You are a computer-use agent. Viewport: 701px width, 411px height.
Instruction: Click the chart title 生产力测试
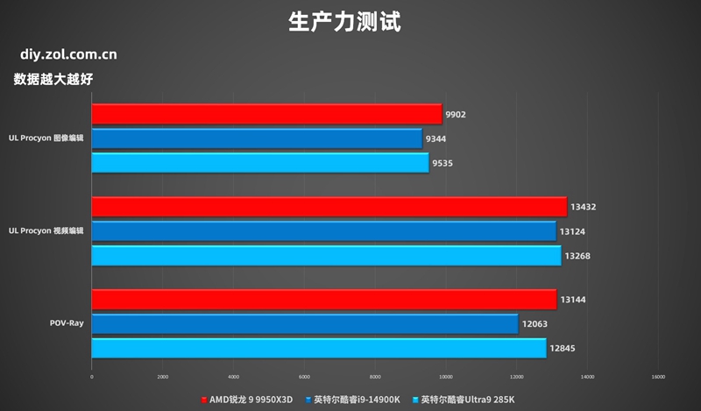pos(343,21)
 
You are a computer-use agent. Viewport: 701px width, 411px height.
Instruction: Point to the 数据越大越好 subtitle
pos(53,79)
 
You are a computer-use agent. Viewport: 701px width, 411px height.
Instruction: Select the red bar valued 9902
pos(266,114)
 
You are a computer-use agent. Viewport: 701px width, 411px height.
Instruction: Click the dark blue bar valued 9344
pos(257,138)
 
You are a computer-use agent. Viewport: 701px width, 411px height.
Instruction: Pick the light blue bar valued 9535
pos(260,163)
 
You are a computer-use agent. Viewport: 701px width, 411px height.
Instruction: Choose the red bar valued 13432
pos(329,207)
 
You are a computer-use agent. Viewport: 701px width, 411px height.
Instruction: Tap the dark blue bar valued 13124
pos(323,231)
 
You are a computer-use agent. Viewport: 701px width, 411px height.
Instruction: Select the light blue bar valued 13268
pos(326,256)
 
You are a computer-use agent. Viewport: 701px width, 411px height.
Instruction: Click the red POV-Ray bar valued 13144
pos(323,300)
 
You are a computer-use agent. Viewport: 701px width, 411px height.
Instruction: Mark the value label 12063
pos(535,324)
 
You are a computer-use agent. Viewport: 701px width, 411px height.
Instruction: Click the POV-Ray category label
pos(67,324)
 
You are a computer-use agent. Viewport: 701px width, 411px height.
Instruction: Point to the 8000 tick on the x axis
pos(375,377)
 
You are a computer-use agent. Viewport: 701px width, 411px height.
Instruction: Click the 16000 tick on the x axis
pos(658,377)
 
